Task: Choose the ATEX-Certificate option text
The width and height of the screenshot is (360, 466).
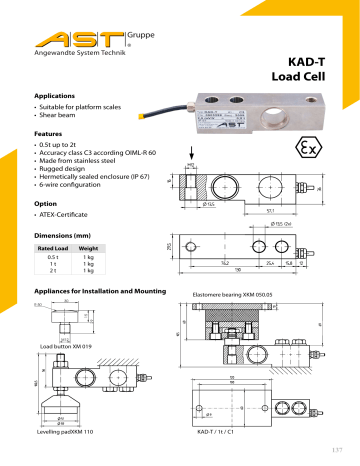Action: (x=75, y=216)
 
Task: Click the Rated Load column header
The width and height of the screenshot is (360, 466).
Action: (x=52, y=249)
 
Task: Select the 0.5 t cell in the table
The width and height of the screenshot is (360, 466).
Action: (x=51, y=258)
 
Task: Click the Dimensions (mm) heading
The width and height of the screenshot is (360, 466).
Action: (x=67, y=234)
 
